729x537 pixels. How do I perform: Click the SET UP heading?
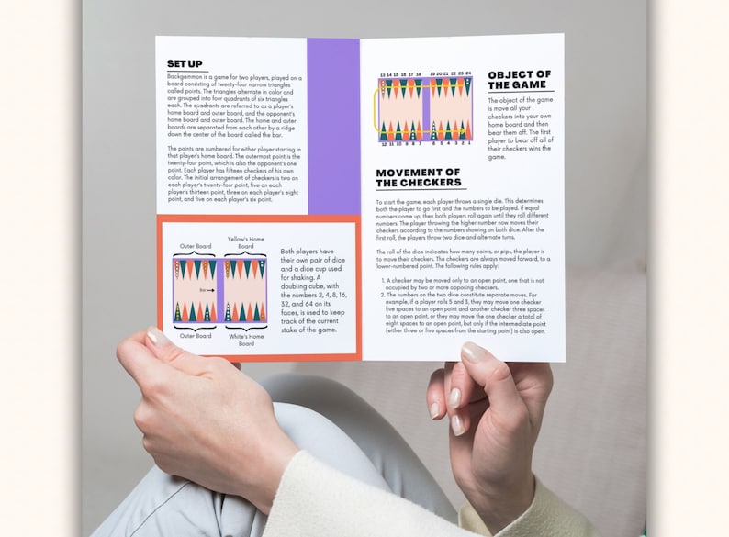point(185,63)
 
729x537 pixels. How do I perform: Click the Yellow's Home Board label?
point(245,241)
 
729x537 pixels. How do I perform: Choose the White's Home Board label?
point(245,340)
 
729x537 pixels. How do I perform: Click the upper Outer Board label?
point(195,245)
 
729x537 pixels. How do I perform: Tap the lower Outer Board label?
point(195,336)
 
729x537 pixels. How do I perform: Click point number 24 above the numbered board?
point(468,73)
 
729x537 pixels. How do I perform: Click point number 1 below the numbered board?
point(468,143)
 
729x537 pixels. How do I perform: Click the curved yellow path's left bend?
point(375,107)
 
